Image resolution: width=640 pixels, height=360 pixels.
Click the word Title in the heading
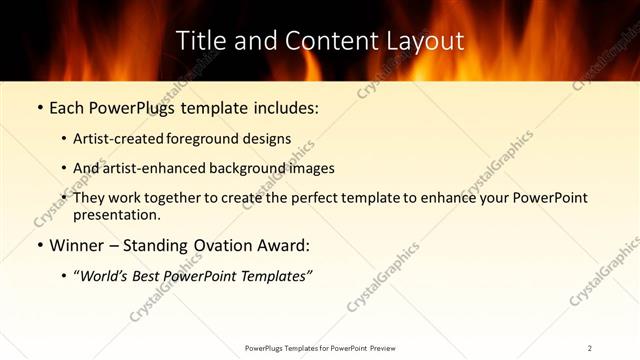pos(199,41)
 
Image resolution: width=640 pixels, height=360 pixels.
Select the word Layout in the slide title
pos(427,41)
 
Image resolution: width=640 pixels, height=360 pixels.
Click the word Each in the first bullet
pos(66,108)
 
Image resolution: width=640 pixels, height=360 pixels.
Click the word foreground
pos(222,139)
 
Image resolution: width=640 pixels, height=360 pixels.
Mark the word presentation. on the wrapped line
pos(117,214)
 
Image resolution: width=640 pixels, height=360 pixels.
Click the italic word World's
pos(106,276)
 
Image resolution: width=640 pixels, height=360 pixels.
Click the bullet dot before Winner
pos(39,245)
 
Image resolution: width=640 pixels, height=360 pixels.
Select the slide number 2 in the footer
pos(590,347)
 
